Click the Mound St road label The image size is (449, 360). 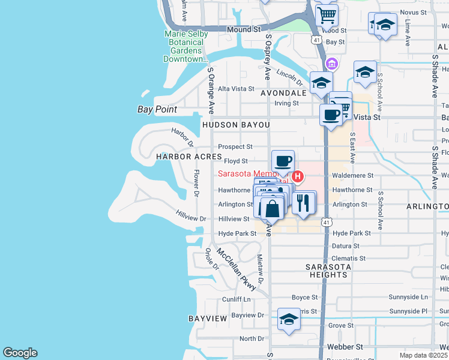243,29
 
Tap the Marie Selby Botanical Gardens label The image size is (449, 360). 186,46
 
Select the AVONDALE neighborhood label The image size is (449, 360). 283,94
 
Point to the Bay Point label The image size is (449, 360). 157,109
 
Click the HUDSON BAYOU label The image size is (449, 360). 236,124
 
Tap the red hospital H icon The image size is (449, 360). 297,176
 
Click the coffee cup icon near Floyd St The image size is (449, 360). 283,161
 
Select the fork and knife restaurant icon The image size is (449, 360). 304,203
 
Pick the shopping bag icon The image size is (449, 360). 272,209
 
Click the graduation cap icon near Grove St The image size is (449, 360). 289,319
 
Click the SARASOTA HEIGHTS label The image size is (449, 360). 326,270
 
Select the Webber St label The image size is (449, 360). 345,347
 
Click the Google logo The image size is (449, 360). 20,353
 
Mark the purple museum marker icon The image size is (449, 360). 331,63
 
